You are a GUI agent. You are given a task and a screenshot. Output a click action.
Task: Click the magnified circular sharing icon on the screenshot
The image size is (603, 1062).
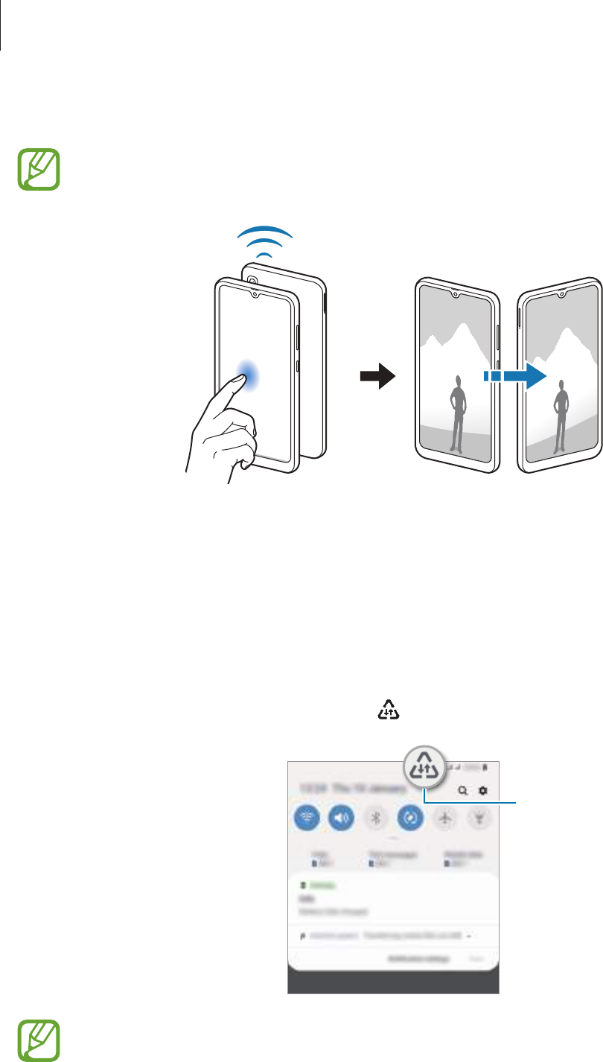pos(423,768)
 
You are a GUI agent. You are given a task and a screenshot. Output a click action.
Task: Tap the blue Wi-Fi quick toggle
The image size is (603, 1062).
pos(307,818)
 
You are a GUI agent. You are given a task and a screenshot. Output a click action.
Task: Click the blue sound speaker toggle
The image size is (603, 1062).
pos(342,818)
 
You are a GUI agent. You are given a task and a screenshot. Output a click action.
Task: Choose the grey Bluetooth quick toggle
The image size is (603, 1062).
pos(377,818)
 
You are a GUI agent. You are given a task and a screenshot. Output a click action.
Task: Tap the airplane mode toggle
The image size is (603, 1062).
pos(446,818)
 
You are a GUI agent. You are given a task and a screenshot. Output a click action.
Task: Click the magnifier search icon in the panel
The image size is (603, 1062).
pos(463,791)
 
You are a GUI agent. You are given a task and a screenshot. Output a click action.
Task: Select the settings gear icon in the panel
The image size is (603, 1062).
pos(482,791)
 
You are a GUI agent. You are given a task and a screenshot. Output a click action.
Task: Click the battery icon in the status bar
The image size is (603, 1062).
pos(485,767)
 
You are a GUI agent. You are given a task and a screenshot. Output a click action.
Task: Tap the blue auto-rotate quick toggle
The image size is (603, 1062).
pos(411,818)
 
